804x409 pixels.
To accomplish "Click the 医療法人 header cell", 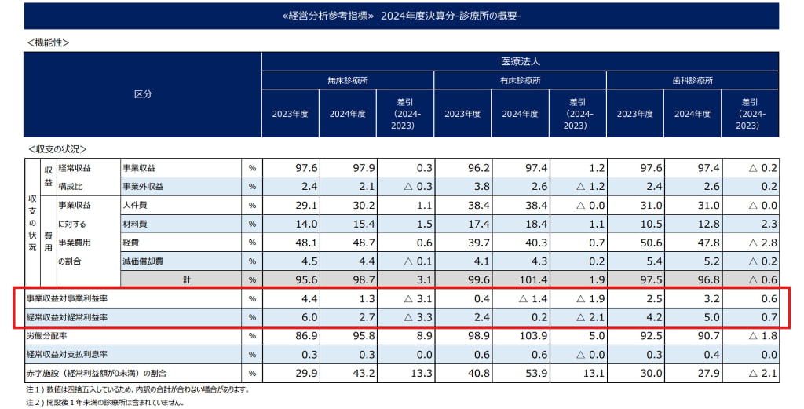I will point(520,60).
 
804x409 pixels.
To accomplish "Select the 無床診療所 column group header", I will point(348,80).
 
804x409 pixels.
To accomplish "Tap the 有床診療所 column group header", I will point(520,80).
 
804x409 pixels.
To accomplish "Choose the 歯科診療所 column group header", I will point(693,80).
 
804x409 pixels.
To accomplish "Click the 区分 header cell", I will point(142,94).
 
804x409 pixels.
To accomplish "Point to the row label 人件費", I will point(136,205).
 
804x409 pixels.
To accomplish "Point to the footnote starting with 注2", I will point(105,403).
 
